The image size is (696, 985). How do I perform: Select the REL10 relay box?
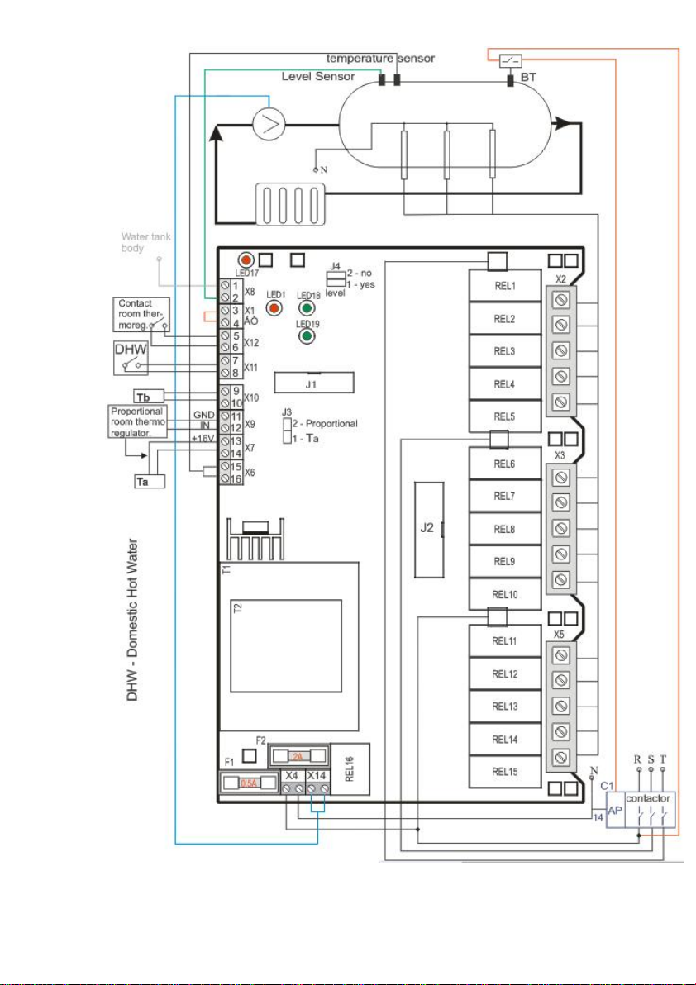pyautogui.click(x=505, y=594)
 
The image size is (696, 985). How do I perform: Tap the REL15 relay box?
pyautogui.click(x=505, y=772)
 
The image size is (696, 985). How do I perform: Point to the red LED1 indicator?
pyautogui.click(x=275, y=307)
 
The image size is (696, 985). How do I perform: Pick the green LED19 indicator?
pyautogui.click(x=307, y=335)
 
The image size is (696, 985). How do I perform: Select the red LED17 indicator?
pyautogui.click(x=246, y=259)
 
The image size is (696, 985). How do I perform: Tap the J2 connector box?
pyautogui.click(x=427, y=528)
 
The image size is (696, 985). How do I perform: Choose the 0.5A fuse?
pyautogui.click(x=247, y=783)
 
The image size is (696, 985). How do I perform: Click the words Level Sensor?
pyautogui.click(x=318, y=76)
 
